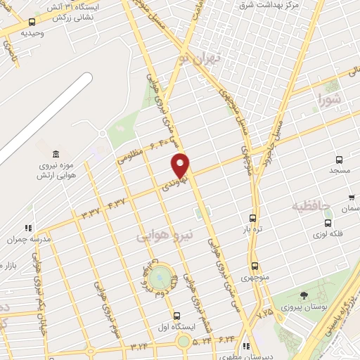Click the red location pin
(x=181, y=166)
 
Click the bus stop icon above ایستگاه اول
(x=176, y=316)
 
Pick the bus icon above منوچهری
(x=254, y=266)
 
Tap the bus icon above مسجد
(x=339, y=160)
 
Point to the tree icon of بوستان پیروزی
(x=304, y=296)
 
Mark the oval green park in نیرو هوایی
(x=160, y=276)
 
